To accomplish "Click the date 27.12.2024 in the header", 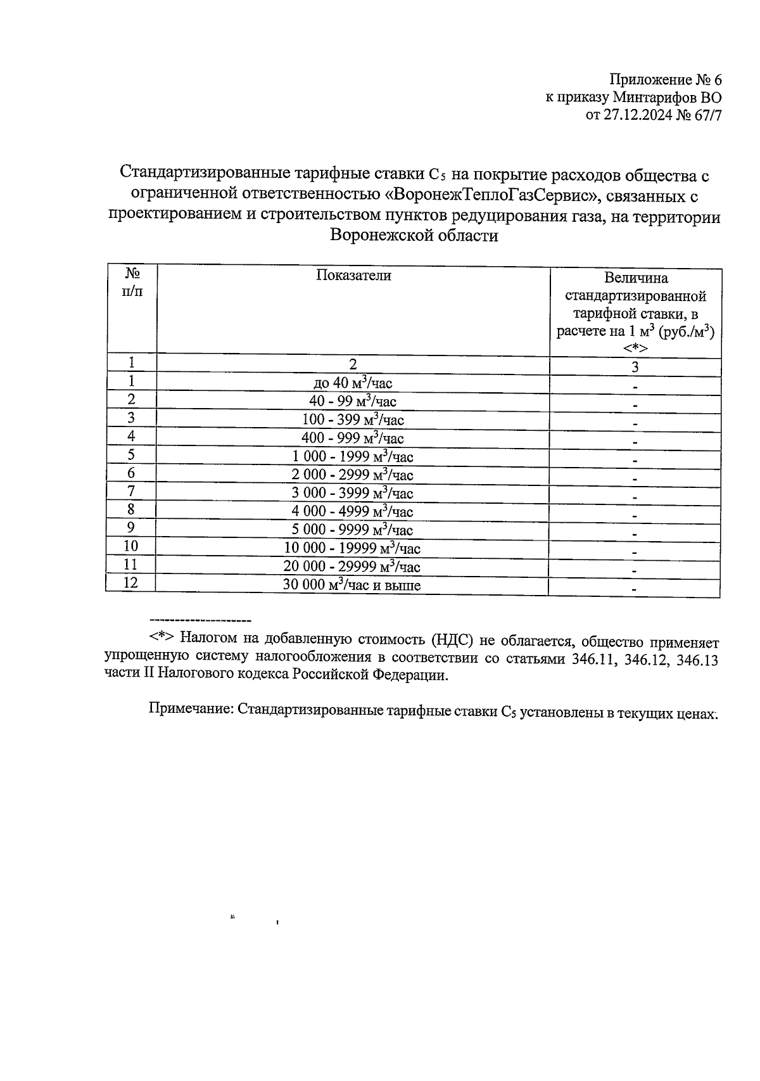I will [x=635, y=115].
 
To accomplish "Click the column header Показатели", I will [x=353, y=275].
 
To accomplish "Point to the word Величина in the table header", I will [x=635, y=278].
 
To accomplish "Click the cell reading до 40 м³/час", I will [x=353, y=382].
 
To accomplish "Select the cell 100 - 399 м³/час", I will [x=353, y=419].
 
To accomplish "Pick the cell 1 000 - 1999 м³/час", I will [x=353, y=456].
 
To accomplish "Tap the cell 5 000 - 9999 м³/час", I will [x=353, y=530].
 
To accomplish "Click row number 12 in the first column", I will [x=130, y=582].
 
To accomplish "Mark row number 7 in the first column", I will [x=130, y=490].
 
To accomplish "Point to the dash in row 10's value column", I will [x=635, y=553].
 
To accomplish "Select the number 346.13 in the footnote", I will [x=697, y=659].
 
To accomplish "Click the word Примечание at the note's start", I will [x=189, y=710].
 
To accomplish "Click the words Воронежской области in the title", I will [x=414, y=236].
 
